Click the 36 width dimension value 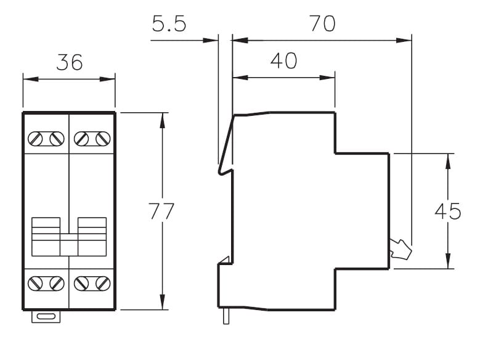70,62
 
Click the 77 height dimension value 161,211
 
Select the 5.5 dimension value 169,23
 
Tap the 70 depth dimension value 323,23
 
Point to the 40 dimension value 284,61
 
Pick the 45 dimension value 447,211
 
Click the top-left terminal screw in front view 35,139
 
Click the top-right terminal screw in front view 103,139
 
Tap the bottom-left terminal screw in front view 35,284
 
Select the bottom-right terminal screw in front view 103,284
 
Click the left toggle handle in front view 46,237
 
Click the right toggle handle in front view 92,237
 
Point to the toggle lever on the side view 401,249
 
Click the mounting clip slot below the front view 46,317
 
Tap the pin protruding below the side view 226,316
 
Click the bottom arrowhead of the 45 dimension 448,261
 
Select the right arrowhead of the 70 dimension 404,40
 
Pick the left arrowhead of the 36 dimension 31,79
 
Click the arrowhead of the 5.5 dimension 210,40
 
